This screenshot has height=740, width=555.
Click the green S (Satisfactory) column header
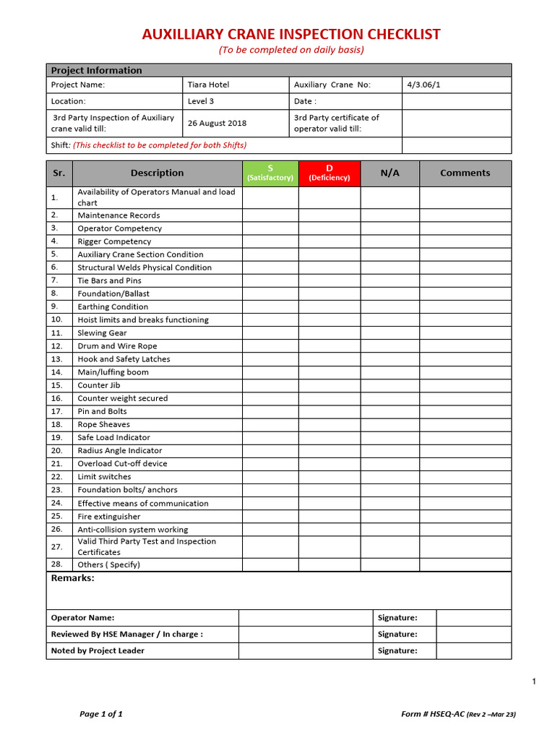tap(270, 173)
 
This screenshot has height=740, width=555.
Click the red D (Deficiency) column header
tap(330, 173)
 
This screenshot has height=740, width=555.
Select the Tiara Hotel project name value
tap(208, 85)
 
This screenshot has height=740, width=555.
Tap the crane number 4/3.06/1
tap(423, 85)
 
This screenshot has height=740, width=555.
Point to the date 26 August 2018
tap(217, 123)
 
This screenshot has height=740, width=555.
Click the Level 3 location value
tap(201, 101)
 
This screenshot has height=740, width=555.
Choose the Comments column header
tap(465, 173)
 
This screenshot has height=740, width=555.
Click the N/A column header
tap(390, 173)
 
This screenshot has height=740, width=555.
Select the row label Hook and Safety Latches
tap(124, 359)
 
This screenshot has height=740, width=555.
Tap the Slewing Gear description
tap(102, 333)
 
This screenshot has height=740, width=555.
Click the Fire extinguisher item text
tap(109, 517)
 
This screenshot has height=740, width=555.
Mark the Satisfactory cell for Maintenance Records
tap(270, 215)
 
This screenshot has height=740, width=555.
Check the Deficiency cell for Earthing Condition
tap(330, 306)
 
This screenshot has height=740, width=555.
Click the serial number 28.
tap(57, 564)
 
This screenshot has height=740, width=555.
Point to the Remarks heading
tap(72, 578)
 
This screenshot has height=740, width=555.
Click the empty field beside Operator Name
tap(306, 618)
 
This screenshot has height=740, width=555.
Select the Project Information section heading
tap(96, 70)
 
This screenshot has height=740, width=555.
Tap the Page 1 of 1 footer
tap(101, 714)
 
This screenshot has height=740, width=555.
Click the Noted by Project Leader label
tap(98, 650)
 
